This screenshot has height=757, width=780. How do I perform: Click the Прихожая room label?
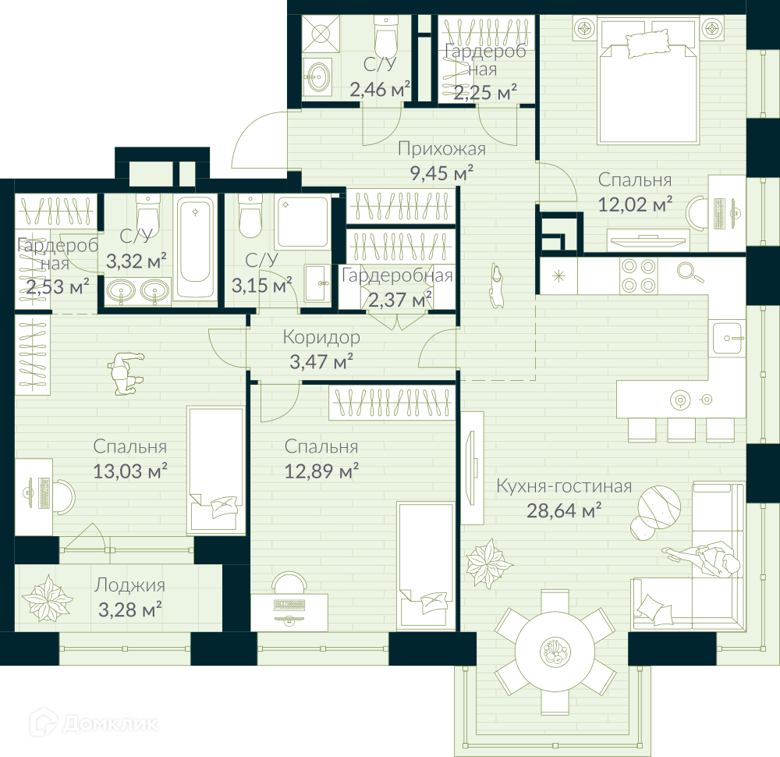pyautogui.click(x=441, y=149)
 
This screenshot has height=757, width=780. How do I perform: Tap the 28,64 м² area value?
pyautogui.click(x=564, y=510)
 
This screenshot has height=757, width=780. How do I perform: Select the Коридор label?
pyautogui.click(x=321, y=337)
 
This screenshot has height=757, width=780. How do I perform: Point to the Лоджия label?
pyautogui.click(x=129, y=585)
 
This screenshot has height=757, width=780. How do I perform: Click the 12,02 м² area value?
pyautogui.click(x=635, y=204)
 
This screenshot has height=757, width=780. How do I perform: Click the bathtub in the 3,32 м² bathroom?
pyautogui.click(x=196, y=246)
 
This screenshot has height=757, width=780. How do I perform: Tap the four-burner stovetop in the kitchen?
pyautogui.click(x=638, y=275)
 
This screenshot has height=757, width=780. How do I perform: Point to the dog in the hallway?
pyautogui.click(x=496, y=285)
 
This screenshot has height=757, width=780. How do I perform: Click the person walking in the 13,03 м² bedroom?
pyautogui.click(x=125, y=373)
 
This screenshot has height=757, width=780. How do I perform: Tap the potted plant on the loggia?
pyautogui.click(x=48, y=599)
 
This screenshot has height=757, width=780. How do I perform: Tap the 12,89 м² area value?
pyautogui.click(x=321, y=471)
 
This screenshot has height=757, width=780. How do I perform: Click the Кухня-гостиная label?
pyautogui.click(x=564, y=486)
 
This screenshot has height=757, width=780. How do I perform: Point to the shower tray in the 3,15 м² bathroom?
pyautogui.click(x=303, y=222)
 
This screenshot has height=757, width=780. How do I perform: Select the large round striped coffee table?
pyautogui.click(x=659, y=507)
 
